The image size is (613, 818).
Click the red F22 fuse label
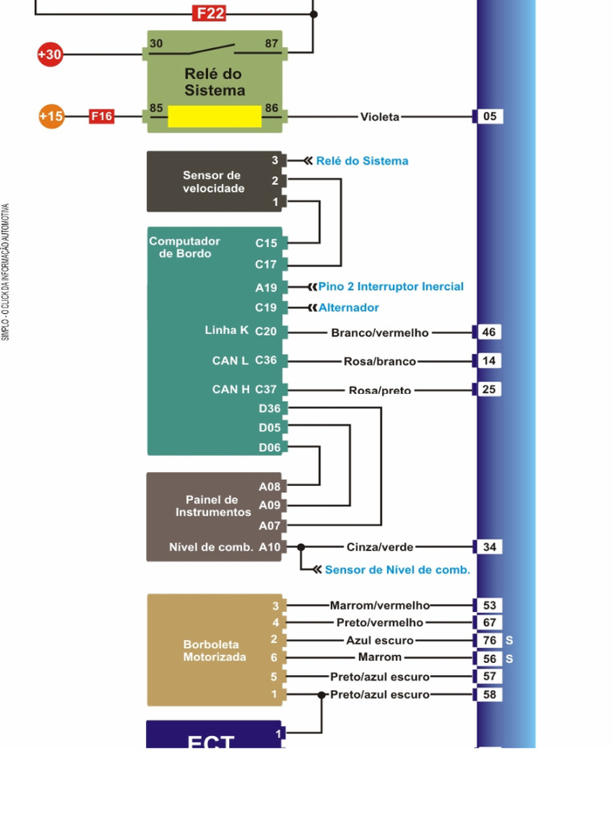[209, 14]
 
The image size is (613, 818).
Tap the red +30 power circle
[49, 54]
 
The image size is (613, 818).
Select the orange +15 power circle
[51, 117]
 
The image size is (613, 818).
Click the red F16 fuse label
[101, 117]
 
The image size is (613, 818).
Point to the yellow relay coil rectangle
[215, 117]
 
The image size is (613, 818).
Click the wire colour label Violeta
[379, 117]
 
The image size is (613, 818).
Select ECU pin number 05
[489, 117]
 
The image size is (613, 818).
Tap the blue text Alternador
[349, 308]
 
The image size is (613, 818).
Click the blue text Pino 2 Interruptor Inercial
[390, 287]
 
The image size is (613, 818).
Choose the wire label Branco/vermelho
[379, 332]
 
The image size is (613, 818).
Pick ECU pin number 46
[489, 332]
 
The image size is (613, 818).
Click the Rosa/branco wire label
[380, 361]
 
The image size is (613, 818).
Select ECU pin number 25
[489, 389]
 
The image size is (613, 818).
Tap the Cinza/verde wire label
[380, 547]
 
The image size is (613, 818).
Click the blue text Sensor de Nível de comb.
[397, 570]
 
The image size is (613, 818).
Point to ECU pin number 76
[489, 641]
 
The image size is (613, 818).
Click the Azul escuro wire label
[380, 641]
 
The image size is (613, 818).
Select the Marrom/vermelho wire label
[380, 606]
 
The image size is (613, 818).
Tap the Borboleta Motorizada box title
[214, 650]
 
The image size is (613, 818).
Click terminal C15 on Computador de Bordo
[266, 243]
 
